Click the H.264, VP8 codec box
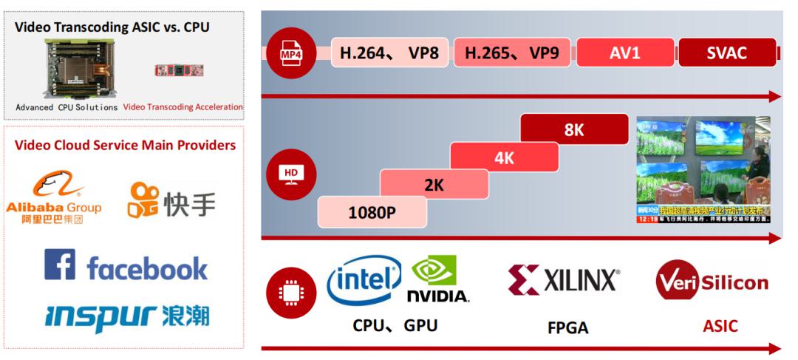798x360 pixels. [x=389, y=53]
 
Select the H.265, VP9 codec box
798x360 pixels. [x=512, y=53]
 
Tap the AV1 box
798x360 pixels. [x=624, y=53]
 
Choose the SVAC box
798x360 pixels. [x=726, y=53]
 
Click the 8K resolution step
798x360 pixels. [x=574, y=129]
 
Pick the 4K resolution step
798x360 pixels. [x=504, y=157]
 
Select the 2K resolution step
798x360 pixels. [x=434, y=185]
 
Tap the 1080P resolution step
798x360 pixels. [x=372, y=212]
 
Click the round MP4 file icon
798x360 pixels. [x=291, y=53]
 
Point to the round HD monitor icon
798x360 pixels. [x=291, y=174]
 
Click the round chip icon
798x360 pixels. [x=291, y=292]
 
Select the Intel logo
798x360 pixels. [x=364, y=281]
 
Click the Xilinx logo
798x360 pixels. [x=564, y=280]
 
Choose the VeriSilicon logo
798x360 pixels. [x=712, y=281]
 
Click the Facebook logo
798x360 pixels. [x=126, y=266]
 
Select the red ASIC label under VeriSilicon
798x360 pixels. [x=720, y=326]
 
